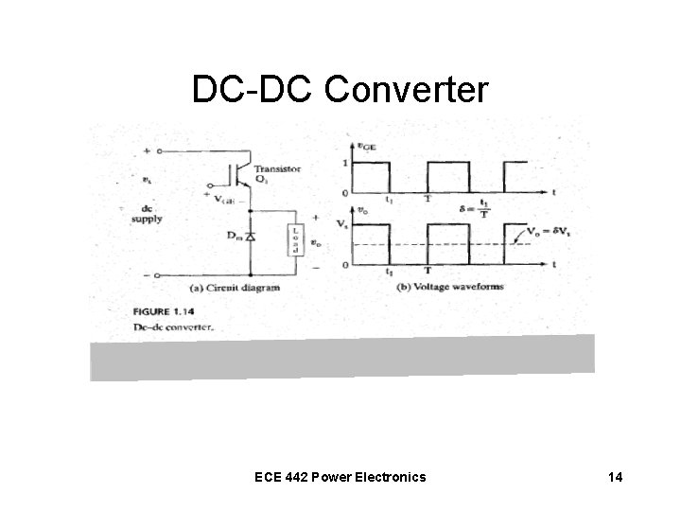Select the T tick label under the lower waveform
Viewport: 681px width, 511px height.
coord(428,273)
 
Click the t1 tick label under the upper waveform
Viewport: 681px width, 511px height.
coord(390,201)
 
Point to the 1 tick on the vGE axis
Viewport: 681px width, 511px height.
coord(345,164)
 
